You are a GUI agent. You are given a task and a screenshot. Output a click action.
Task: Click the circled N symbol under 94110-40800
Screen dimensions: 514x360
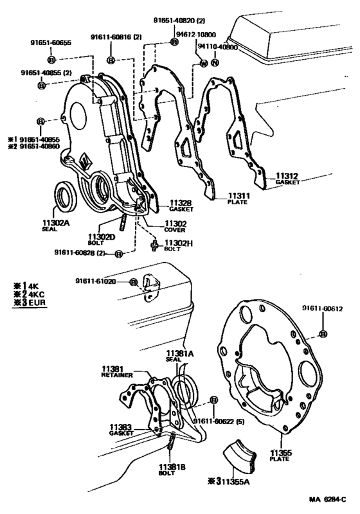(215, 62)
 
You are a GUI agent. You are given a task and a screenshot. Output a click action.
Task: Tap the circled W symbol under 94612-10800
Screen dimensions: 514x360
(203, 63)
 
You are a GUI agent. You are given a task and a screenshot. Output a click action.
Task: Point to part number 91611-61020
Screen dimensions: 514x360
(95, 282)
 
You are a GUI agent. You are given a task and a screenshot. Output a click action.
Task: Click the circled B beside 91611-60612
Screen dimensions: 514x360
(323, 334)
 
